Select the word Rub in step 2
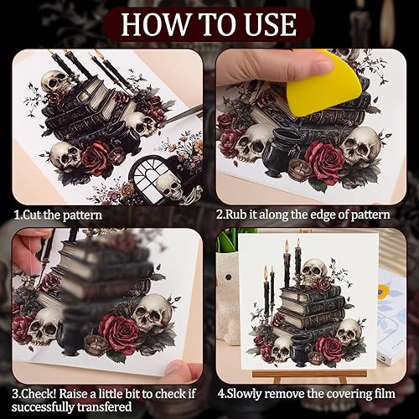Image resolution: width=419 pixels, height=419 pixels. (x=236, y=215)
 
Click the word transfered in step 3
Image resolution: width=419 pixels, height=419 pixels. (x=105, y=406)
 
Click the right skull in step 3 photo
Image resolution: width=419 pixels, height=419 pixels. (x=152, y=313)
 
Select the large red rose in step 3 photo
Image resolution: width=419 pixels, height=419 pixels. (x=118, y=334)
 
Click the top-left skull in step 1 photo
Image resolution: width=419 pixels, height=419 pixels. (x=55, y=81)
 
